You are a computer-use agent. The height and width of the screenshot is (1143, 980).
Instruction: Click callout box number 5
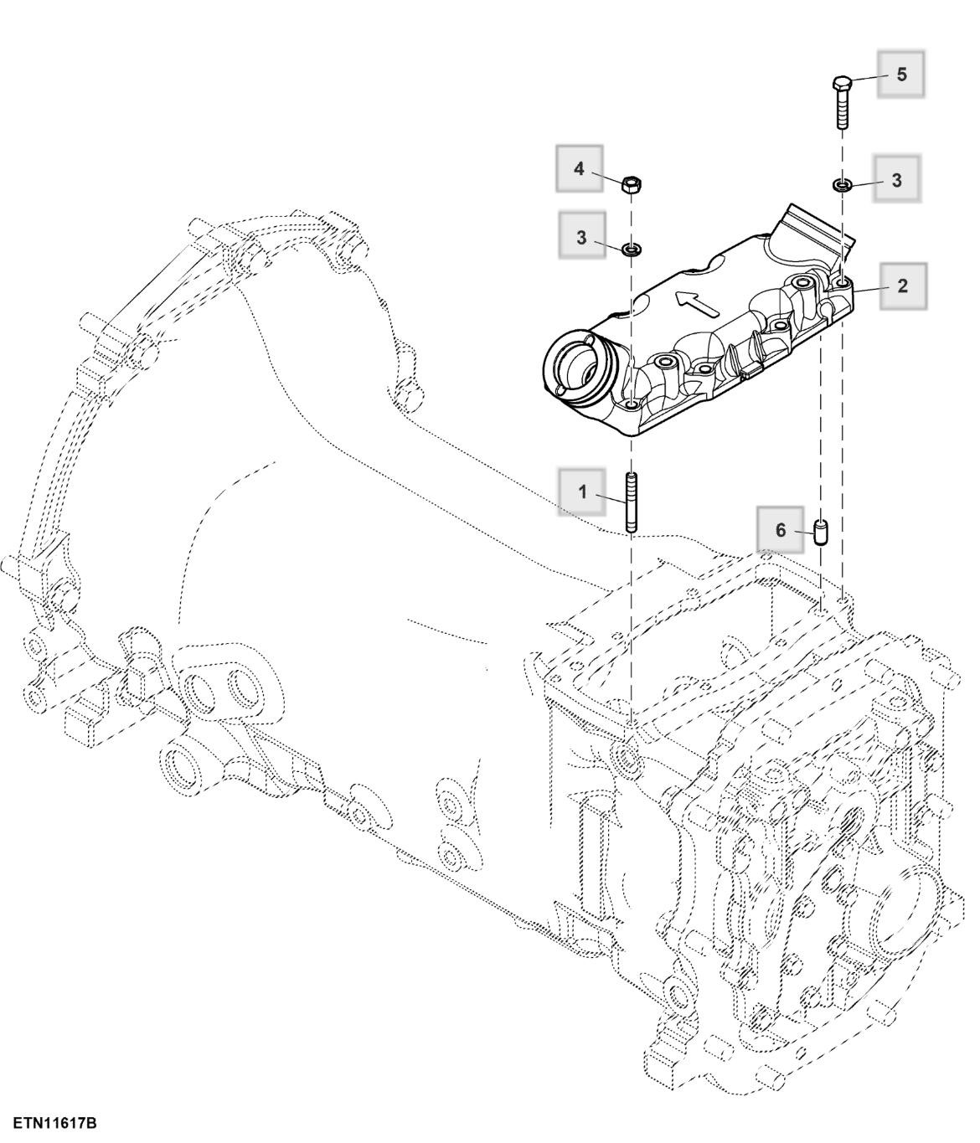(x=901, y=75)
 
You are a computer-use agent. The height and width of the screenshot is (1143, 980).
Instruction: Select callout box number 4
(x=580, y=169)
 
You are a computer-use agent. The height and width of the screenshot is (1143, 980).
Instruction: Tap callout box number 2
(x=901, y=286)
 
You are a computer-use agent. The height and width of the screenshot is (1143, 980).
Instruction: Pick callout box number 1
(x=583, y=492)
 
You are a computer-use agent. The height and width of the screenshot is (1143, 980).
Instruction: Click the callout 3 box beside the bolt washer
(x=896, y=179)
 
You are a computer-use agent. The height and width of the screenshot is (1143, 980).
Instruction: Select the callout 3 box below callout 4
(x=582, y=238)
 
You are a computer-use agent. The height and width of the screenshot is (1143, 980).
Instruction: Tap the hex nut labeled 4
(x=631, y=183)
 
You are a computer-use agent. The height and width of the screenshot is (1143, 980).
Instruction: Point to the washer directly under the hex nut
(x=632, y=249)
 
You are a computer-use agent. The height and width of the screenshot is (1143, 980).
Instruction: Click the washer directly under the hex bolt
(x=843, y=184)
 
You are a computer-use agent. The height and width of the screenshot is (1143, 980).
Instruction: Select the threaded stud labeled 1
(x=631, y=502)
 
